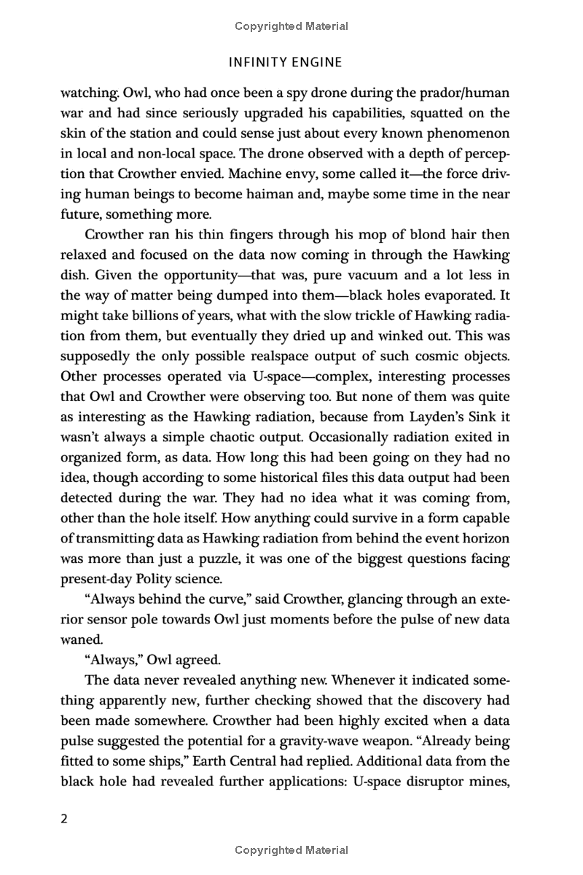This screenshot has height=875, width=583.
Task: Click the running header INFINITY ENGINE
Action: pos(285,63)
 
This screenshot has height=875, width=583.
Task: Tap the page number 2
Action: pos(63,818)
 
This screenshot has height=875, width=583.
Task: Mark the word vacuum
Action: pos(386,275)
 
